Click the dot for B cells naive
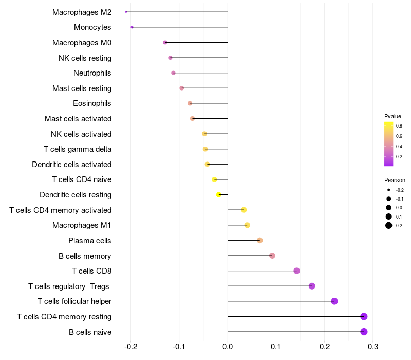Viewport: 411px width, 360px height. [x=364, y=332]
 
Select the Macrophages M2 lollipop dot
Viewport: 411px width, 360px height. [x=126, y=12]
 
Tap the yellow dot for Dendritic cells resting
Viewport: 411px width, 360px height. [x=219, y=195]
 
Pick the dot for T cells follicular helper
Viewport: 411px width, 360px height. [x=334, y=301]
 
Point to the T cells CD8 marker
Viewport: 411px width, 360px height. [x=296, y=271]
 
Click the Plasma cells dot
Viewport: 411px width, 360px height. [x=260, y=241]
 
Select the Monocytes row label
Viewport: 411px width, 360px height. [x=92, y=27]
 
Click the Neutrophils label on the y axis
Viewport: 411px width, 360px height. [x=92, y=73]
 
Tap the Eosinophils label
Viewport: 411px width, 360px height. [x=92, y=103]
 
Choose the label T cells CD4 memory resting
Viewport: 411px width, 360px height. [x=64, y=317]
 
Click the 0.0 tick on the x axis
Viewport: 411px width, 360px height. [x=228, y=347]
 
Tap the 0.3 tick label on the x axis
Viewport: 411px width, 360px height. [x=373, y=347]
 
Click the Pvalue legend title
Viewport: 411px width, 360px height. [x=393, y=116]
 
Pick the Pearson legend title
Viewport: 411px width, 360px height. [x=395, y=181]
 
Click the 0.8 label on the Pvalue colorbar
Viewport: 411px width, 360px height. [x=399, y=125]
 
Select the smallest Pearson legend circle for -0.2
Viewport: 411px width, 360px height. [x=389, y=190]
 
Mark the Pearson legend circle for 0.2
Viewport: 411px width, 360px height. [x=389, y=225]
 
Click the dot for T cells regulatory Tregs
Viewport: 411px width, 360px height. [x=312, y=286]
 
